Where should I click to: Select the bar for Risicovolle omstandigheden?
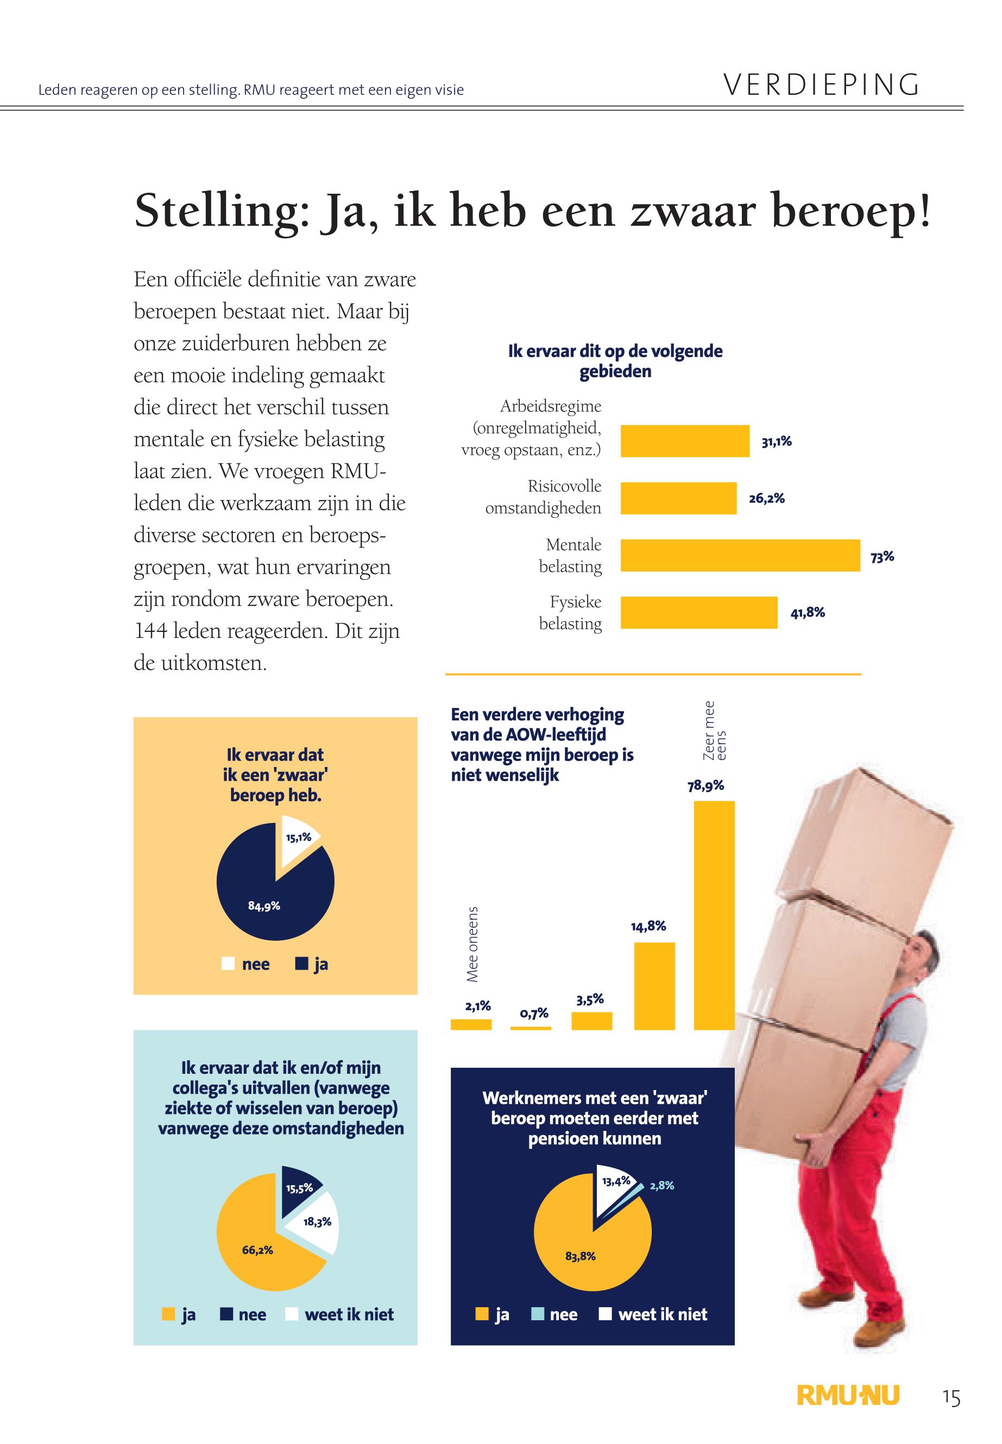pyautogui.click(x=678, y=498)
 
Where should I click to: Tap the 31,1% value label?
pyautogui.click(x=776, y=442)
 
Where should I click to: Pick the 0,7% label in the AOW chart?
pyautogui.click(x=534, y=1013)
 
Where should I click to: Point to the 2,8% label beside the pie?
pyautogui.click(x=661, y=1186)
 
